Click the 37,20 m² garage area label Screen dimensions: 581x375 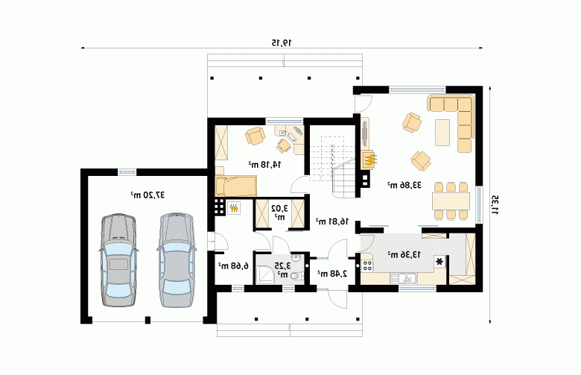coord(147,195)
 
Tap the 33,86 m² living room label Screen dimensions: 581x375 coord(404,185)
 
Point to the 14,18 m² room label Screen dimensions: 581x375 coord(264,164)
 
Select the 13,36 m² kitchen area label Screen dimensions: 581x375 coord(404,255)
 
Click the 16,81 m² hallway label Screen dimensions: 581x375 coord(332,221)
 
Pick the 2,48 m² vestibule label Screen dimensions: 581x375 coord(332,274)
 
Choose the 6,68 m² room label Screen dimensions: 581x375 coord(233,266)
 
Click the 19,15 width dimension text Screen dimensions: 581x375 coord(282,43)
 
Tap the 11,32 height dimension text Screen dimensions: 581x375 coord(495,206)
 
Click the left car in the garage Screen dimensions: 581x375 coord(118,260)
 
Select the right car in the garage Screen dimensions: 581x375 coord(177,260)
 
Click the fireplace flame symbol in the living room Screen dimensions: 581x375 coord(369,160)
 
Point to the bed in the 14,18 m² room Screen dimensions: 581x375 coord(236,186)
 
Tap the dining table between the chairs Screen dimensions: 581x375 coord(451,201)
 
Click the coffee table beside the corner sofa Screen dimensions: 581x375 coord(442,133)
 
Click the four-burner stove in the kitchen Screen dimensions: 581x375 coord(367,265)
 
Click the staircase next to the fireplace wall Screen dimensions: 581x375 coord(331,166)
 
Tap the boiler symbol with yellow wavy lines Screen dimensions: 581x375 coord(234,208)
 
